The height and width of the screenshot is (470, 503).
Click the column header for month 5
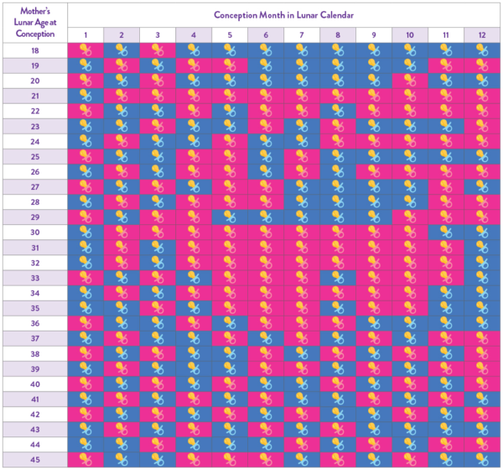[230, 34]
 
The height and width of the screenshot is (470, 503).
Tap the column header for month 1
[86, 34]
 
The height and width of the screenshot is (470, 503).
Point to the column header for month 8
[338, 34]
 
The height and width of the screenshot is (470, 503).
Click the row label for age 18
[35, 50]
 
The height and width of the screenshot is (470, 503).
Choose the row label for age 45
[35, 459]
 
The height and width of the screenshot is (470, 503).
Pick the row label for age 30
[35, 232]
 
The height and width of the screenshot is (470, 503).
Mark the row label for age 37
[35, 338]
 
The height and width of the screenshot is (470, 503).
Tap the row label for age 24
[35, 141]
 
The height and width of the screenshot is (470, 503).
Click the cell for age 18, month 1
[86, 50]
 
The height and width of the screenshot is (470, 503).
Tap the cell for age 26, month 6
[266, 171]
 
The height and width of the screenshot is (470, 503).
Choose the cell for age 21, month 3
[158, 96]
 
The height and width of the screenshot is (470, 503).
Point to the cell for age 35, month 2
[122, 308]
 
